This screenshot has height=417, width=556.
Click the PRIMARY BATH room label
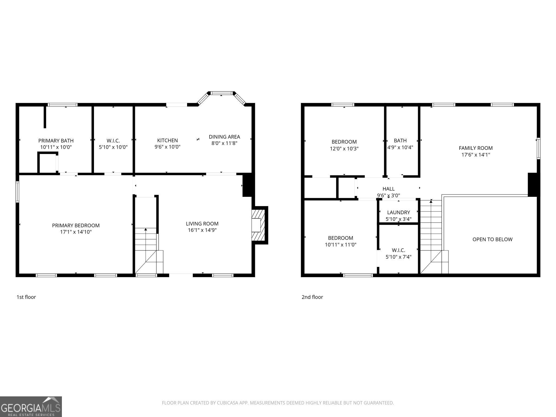point(56,141)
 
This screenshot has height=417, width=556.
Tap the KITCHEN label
point(168,140)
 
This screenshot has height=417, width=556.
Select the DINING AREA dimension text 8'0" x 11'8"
point(225,143)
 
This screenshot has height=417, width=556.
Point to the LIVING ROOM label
point(202,224)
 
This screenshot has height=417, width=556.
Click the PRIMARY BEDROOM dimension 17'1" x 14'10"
point(76,232)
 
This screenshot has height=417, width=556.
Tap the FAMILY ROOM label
point(476,148)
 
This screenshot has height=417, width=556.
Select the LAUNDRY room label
point(399,212)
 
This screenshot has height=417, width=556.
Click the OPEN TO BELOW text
point(492,239)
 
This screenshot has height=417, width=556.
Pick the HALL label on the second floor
point(388,189)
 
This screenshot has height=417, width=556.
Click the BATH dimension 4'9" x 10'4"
point(400,147)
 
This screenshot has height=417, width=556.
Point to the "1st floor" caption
point(26,297)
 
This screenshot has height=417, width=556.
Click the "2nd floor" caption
point(312,297)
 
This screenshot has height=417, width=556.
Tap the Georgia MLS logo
point(31,407)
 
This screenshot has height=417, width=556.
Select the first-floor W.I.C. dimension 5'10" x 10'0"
point(113,147)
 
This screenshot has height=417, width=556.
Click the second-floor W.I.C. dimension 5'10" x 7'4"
point(399,257)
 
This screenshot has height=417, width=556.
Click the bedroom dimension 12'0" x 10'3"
point(344,149)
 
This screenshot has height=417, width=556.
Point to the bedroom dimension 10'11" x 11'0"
point(340,245)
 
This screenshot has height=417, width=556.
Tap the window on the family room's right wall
point(538,148)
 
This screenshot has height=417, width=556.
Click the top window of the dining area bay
point(222,93)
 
